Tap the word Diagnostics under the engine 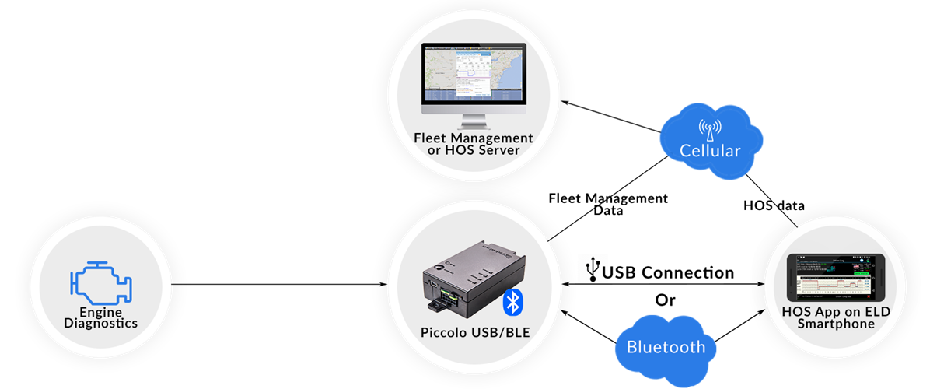(100, 323)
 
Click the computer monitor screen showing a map (473, 72)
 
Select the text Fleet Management (473, 138)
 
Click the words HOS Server (473, 149)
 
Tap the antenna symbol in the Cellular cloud (709, 128)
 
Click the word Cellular (709, 150)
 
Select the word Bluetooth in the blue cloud (666, 347)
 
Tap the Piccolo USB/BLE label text (473, 333)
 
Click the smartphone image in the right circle (836, 278)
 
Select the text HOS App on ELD (836, 312)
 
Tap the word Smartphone (836, 324)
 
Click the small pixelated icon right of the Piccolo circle (593, 268)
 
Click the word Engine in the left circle (100, 312)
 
